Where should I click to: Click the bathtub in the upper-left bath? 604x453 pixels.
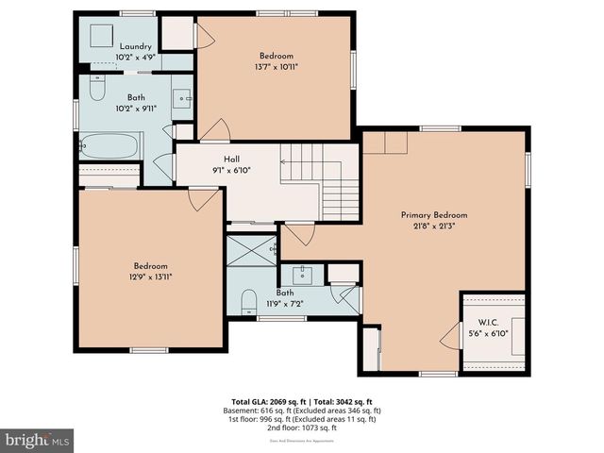(109, 147)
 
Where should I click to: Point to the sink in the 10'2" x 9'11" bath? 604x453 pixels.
(182, 97)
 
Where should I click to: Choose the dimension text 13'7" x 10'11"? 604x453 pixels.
(277, 67)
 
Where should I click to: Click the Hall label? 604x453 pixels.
(230, 159)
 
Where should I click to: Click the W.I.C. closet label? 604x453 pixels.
(488, 322)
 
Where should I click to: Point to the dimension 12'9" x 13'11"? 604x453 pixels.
(151, 277)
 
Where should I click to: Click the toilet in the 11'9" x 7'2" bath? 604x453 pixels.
(248, 301)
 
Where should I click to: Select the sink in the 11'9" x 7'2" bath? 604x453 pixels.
(302, 275)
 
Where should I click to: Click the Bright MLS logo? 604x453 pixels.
(38, 440)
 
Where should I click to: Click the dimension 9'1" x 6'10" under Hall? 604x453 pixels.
(230, 170)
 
